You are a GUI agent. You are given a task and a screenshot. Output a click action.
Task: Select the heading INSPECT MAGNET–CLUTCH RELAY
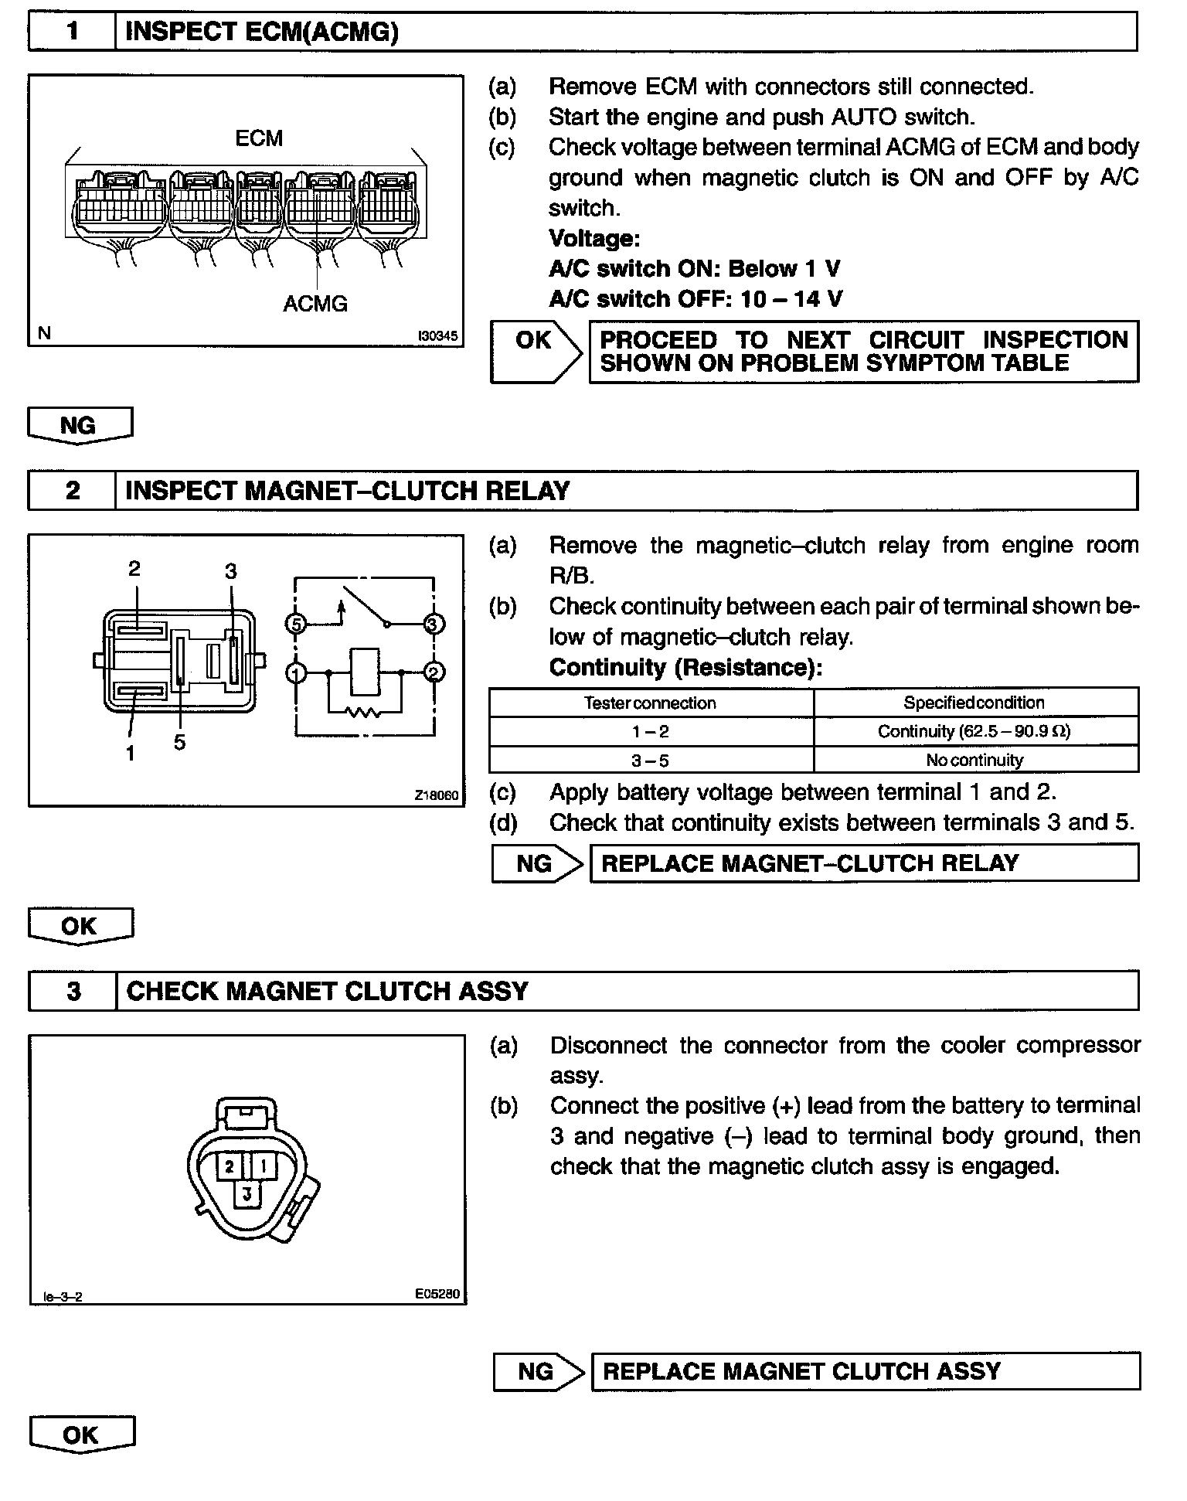347,491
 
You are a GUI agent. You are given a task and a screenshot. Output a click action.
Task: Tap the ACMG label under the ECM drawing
315,304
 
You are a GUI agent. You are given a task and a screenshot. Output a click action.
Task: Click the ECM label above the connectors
259,138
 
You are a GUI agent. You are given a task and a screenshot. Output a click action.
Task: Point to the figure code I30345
437,336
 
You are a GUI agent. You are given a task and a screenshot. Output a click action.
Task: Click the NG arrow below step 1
80,426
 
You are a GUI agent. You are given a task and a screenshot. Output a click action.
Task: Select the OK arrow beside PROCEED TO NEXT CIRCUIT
536,352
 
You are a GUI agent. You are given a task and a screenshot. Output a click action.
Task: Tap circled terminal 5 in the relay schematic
296,623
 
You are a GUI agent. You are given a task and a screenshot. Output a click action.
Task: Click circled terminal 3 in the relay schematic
434,623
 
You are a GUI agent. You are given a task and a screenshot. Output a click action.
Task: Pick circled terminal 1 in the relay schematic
296,673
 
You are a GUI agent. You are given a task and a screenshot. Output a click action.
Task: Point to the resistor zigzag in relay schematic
364,711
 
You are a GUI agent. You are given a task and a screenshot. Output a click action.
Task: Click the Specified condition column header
974,703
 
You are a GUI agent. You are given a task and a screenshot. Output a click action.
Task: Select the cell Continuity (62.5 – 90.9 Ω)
974,731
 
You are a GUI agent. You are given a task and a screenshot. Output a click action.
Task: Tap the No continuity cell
974,760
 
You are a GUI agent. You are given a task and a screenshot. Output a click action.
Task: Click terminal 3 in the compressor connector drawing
247,1194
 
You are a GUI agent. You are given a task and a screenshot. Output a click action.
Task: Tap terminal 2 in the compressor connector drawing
230,1166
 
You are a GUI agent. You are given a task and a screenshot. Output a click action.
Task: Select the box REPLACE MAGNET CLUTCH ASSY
865,1371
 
